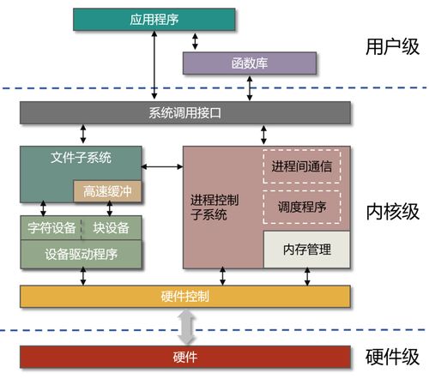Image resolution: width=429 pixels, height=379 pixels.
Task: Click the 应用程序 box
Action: click(154, 17)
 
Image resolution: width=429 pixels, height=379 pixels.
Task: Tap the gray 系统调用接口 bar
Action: click(184, 112)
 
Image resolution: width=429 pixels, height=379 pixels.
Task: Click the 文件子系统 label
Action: click(82, 158)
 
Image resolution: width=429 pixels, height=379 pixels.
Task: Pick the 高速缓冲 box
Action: click(109, 191)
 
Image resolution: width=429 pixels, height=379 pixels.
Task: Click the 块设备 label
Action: click(112, 228)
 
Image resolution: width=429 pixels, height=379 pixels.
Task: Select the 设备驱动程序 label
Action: click(82, 253)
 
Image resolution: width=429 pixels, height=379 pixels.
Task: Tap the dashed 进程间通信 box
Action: click(300, 165)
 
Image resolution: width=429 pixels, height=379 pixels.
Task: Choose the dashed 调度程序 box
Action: click(300, 207)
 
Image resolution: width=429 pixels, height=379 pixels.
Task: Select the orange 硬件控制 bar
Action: click(184, 296)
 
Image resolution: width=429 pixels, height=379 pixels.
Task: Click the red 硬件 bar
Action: click(184, 356)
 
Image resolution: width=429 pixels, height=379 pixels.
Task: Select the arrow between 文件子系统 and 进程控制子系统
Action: click(163, 165)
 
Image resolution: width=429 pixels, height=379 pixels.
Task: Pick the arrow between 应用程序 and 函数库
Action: click(197, 40)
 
